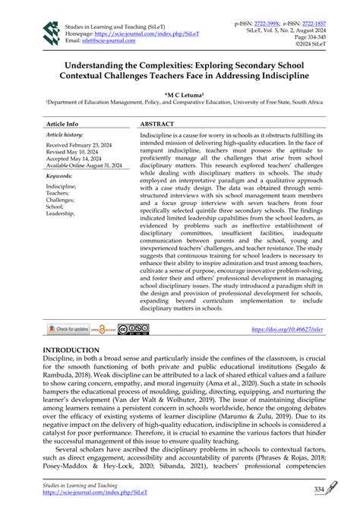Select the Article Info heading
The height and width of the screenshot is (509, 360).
[x=62, y=123]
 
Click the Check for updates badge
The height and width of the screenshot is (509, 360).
[x=68, y=329]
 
